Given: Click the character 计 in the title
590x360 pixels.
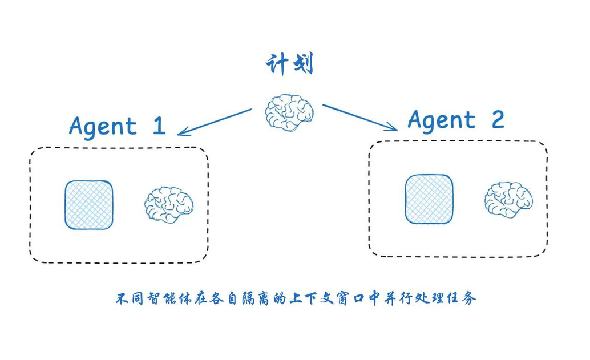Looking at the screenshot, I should coord(277,64).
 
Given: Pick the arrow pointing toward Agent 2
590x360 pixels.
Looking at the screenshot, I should coord(360,117).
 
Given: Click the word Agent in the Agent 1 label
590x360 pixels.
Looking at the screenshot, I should coord(103,126).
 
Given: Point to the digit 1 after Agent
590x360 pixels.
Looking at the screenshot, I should coord(158,125).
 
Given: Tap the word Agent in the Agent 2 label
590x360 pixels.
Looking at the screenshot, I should coord(442,120).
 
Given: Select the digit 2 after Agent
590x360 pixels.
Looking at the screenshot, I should coord(497,119).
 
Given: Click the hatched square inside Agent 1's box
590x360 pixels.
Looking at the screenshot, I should coord(88,205).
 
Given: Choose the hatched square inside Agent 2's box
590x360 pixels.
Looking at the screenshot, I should coord(429,199).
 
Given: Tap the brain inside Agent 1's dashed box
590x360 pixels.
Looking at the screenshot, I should coord(168,204).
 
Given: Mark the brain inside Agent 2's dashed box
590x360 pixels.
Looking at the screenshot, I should coord(508,200).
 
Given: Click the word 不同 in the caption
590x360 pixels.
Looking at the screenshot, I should coord(131,298).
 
